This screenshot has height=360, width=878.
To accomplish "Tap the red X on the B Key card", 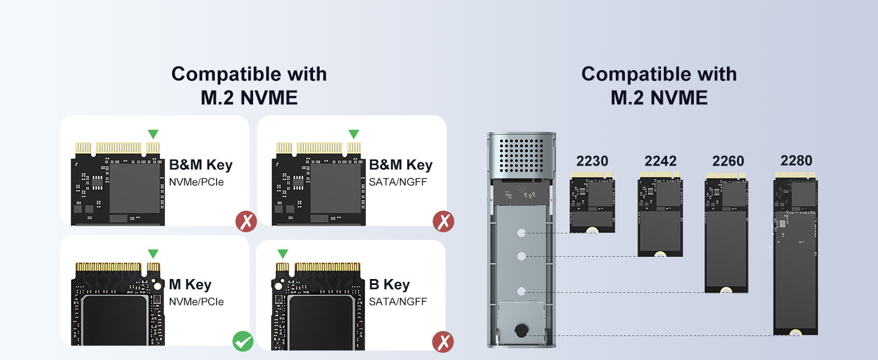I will tap(443, 342).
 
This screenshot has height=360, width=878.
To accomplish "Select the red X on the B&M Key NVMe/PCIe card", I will tap(246, 221).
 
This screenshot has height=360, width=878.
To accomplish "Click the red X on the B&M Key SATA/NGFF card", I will tap(443, 221).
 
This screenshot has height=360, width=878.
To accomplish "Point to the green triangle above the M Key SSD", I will tap(154, 254).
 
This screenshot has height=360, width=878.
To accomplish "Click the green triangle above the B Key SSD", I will tap(282, 254).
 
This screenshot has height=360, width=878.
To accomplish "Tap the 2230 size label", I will tap(592, 161).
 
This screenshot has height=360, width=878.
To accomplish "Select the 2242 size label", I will tap(660, 161).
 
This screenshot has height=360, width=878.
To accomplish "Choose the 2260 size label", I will tap(728, 161).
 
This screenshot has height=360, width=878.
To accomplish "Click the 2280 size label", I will tap(796, 160).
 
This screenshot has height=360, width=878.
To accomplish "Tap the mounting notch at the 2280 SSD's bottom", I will tap(796, 332).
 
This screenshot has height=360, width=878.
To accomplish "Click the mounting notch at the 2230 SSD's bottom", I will tap(592, 230).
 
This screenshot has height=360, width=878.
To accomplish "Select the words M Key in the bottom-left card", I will tap(190, 284).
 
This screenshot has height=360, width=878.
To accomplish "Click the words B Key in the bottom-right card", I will tap(389, 284).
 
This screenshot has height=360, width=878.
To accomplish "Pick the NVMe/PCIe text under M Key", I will tap(196, 301).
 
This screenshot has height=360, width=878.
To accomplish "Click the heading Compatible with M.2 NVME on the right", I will tap(659, 85).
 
